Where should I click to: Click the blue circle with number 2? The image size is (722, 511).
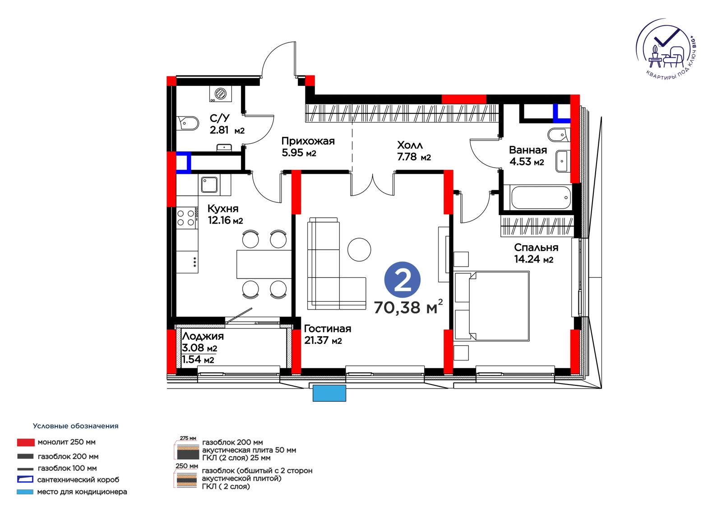click(402, 280)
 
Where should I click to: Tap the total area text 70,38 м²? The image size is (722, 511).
click(408, 307)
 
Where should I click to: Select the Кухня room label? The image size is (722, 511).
click(223, 209)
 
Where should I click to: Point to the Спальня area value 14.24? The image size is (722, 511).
click(526, 259)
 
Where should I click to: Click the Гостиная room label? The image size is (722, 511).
click(328, 328)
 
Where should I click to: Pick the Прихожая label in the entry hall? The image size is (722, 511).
click(308, 141)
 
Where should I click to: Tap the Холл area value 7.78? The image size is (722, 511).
click(407, 157)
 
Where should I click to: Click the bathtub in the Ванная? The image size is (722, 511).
click(541, 197)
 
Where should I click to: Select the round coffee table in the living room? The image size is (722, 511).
click(359, 249)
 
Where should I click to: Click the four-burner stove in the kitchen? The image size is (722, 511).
click(186, 218)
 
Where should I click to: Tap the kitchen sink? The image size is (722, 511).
click(209, 185)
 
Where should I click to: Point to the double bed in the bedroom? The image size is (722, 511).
click(491, 306)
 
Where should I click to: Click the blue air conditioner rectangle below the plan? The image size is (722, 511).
click(329, 393)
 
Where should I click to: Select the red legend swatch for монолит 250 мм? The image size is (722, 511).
click(26, 442)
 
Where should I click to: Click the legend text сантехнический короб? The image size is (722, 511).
click(79, 480)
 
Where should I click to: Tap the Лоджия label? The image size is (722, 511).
click(203, 336)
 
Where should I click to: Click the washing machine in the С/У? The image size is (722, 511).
click(221, 94)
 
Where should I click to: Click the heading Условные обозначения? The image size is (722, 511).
click(76, 426)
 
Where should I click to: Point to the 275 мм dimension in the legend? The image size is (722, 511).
click(188, 438)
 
